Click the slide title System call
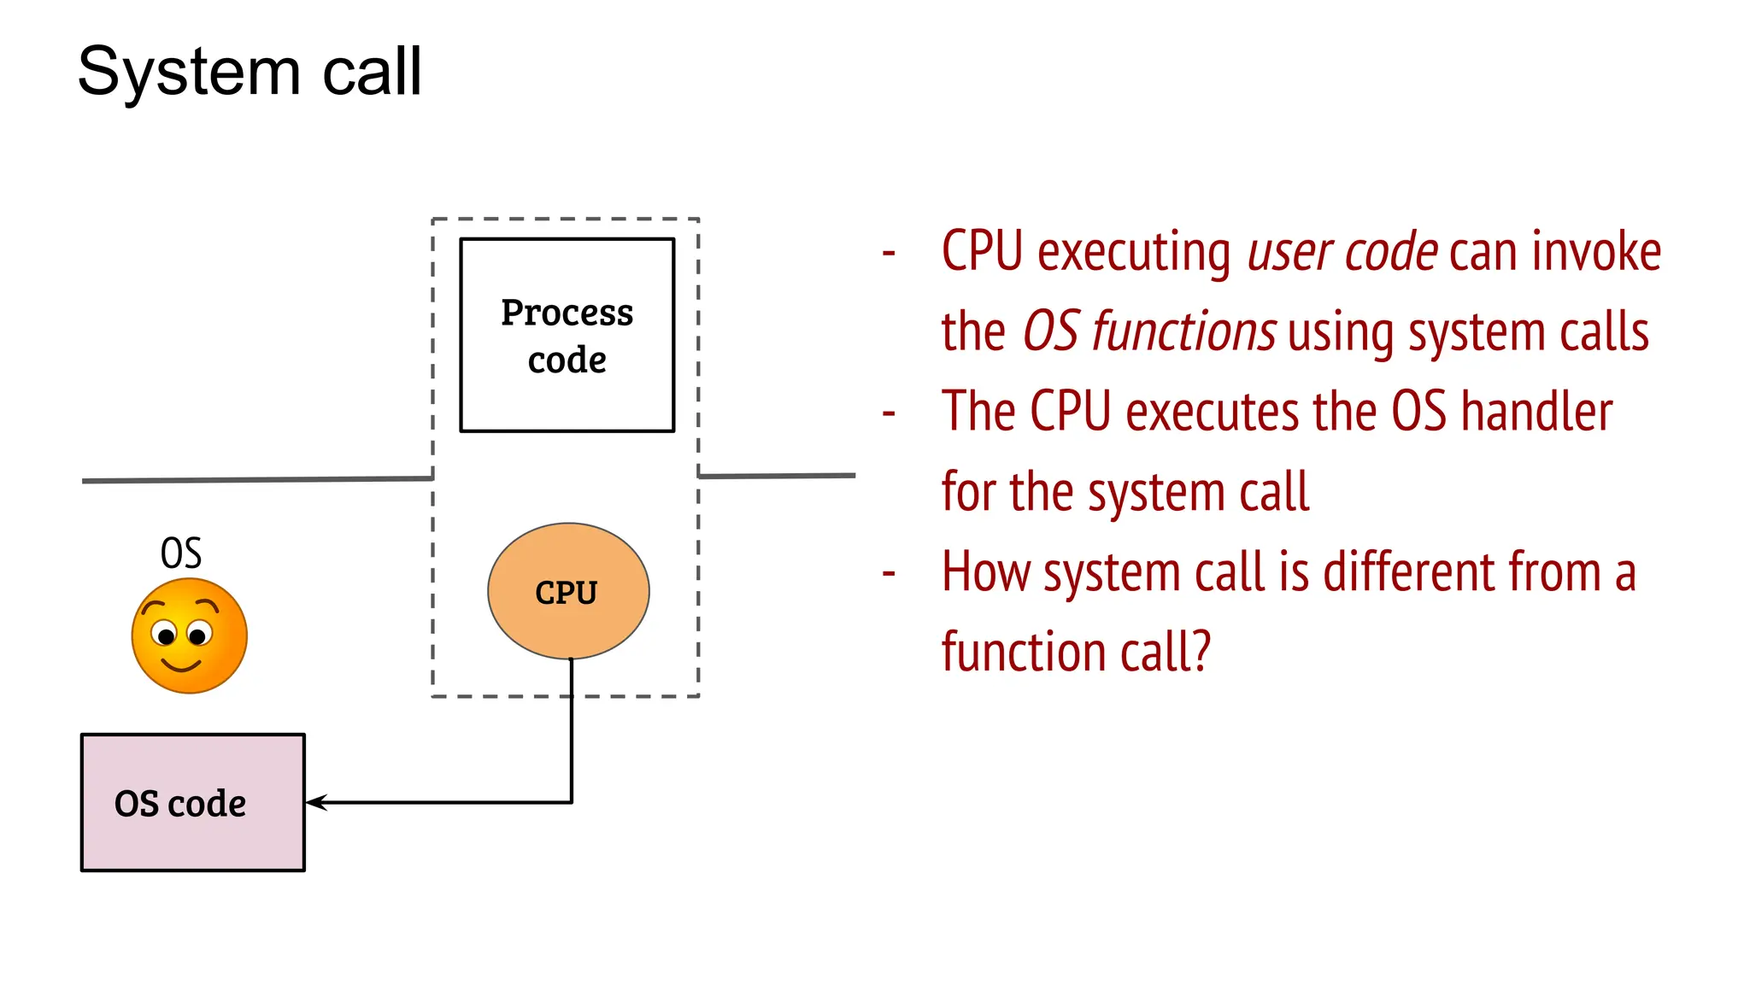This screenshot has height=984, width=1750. click(x=250, y=72)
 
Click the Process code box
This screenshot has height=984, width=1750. click(x=567, y=335)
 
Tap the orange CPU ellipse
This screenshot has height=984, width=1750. click(x=567, y=591)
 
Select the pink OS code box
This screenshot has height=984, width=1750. click(x=192, y=802)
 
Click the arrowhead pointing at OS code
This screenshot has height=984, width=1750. click(x=313, y=802)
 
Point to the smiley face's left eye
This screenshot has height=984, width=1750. click(x=166, y=635)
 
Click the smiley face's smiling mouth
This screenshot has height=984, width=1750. click(x=181, y=664)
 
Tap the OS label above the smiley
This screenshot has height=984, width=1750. click(x=181, y=553)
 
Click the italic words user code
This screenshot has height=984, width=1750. click(x=1342, y=252)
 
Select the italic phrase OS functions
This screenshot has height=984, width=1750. click(x=1149, y=331)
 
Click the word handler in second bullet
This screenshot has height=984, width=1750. click(x=1536, y=412)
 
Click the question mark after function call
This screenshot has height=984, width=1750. click(x=1201, y=652)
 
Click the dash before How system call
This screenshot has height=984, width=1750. click(x=889, y=573)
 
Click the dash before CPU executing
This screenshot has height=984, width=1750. click(x=889, y=253)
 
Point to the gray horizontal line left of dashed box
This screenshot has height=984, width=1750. click(x=256, y=480)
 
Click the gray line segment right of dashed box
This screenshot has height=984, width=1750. click(x=778, y=476)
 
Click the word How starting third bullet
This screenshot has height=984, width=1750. click(x=985, y=571)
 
